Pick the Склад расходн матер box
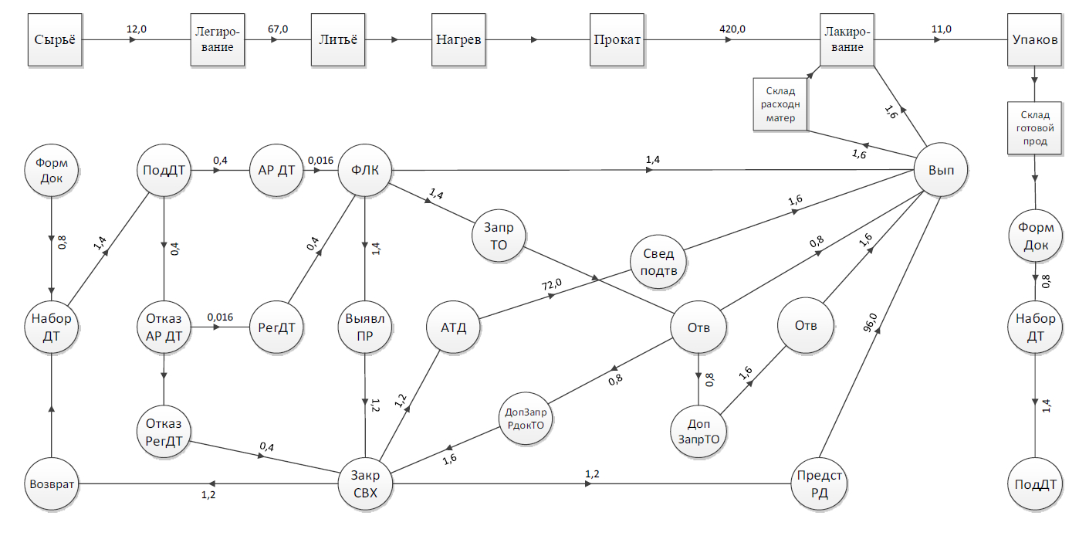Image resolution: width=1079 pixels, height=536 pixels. pyautogui.click(x=780, y=104)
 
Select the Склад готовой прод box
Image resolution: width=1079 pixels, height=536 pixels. pyautogui.click(x=1033, y=128)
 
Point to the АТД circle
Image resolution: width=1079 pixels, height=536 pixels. pyautogui.click(x=454, y=327)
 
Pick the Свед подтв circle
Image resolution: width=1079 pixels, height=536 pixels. pyautogui.click(x=658, y=262)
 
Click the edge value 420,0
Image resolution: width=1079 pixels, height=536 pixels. pyautogui.click(x=732, y=29)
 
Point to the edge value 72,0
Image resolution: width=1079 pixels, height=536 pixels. pyautogui.click(x=551, y=285)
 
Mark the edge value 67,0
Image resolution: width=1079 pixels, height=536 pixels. pyautogui.click(x=278, y=29)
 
